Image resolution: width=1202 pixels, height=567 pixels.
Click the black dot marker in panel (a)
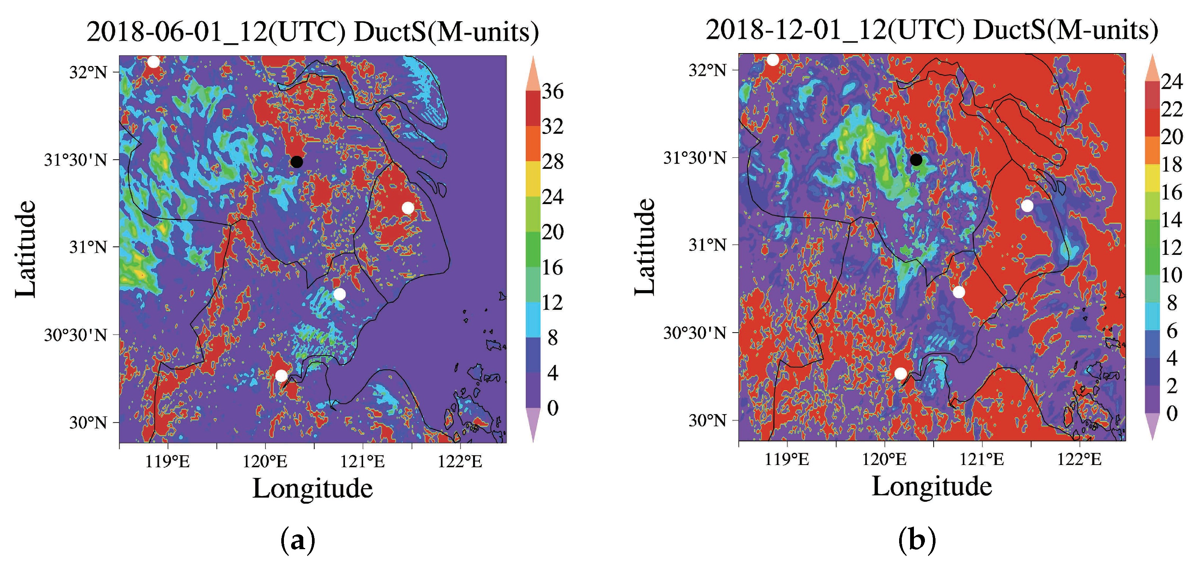296,162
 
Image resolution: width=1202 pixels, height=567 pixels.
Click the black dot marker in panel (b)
916,160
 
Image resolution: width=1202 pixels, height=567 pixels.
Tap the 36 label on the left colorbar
552,91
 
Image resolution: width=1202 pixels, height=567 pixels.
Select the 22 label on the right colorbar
1172,109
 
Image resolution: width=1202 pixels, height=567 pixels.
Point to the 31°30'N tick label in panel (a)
75,160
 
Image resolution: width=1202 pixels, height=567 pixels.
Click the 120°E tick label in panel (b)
884,459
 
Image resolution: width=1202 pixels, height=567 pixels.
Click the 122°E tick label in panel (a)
460,462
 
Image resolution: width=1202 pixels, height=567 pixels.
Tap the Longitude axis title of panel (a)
312,488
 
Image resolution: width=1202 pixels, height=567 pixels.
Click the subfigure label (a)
298,540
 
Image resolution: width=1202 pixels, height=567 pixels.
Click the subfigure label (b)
917,540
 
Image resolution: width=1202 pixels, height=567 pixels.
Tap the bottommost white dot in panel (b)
901,373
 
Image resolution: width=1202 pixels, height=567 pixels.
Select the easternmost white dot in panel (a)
408,207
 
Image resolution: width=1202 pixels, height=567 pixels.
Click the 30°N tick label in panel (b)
707,420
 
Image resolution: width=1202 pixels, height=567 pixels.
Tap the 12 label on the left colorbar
552,302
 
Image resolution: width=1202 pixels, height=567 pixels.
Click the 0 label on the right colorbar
1172,413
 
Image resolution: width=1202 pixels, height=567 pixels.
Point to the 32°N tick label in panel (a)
88,72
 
